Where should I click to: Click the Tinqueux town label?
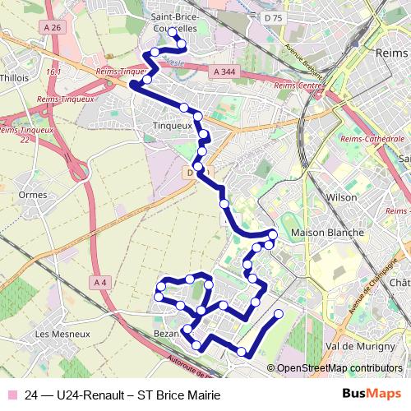point(172,126)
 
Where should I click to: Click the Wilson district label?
point(342,197)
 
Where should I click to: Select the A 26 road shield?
point(54,27)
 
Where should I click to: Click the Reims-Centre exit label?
point(298,85)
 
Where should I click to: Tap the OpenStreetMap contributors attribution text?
point(339,369)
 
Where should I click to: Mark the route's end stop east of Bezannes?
point(278,313)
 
